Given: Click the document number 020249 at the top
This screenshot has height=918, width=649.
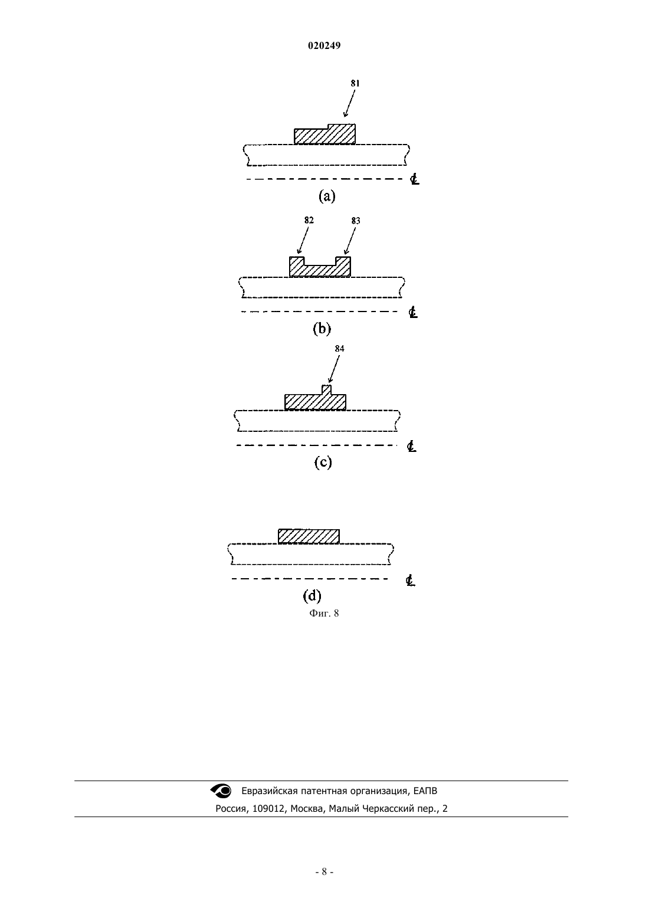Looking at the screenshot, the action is point(324,45).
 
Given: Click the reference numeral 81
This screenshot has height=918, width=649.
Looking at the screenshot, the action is point(355,83).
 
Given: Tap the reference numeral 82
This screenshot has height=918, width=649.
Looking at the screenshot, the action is point(309,220).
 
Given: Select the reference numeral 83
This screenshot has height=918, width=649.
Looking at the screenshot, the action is point(356,221).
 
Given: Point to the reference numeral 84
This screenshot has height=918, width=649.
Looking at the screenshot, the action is point(339,348).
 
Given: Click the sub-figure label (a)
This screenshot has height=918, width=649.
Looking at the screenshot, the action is point(327,196).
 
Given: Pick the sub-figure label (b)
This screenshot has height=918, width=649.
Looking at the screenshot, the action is point(322,329).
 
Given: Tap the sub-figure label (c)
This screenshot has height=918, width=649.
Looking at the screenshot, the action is point(323,463).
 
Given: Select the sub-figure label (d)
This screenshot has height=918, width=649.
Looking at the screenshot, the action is point(312,596).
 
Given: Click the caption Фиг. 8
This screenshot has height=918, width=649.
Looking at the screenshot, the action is point(324,613).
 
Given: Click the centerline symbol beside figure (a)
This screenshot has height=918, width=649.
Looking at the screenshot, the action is point(415,179).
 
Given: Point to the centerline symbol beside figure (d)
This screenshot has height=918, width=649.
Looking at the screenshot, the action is point(410,581).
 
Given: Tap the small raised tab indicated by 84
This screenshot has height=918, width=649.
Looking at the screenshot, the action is point(326,390).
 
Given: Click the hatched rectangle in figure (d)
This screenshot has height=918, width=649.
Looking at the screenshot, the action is point(309,536).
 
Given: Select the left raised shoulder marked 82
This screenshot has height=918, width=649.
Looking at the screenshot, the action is point(297,261).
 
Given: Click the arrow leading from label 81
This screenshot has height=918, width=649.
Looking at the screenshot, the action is point(349,104).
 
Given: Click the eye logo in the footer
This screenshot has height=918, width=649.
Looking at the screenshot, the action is point(221,791).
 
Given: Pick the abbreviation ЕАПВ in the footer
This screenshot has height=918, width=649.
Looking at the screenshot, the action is point(425,791).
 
